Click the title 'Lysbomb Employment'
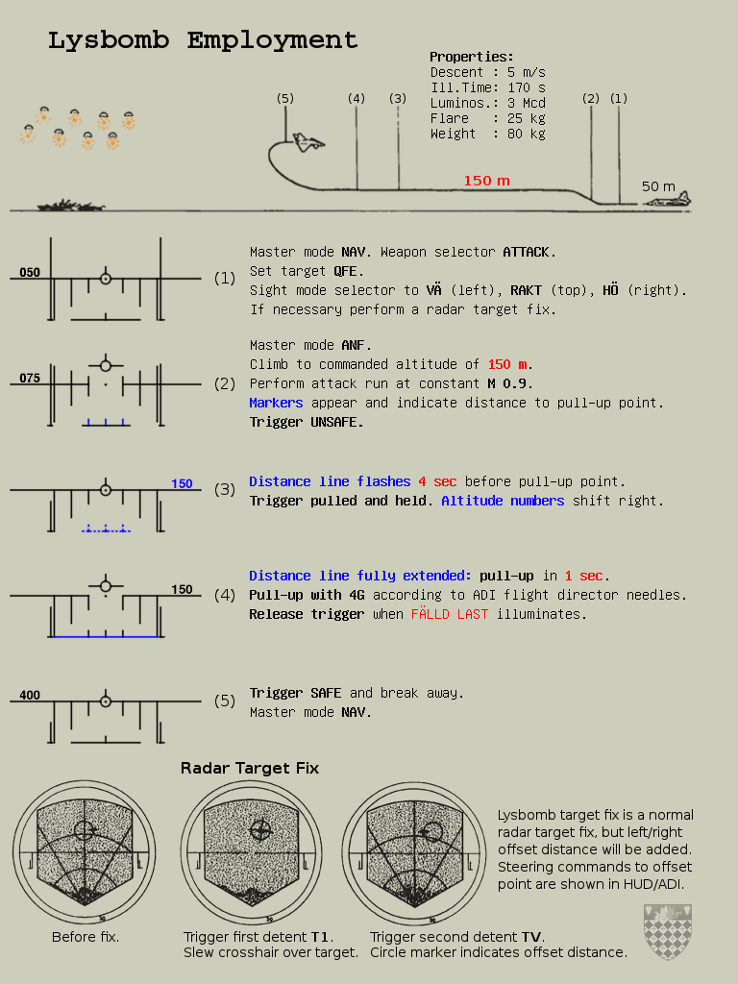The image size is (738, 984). (x=203, y=40)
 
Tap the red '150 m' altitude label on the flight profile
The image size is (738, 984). (x=486, y=181)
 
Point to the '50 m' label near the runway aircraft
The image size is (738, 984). (x=658, y=186)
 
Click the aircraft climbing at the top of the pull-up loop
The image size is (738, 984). (x=308, y=142)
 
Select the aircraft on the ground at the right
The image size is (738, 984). (x=668, y=200)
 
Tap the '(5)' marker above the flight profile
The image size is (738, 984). (x=284, y=99)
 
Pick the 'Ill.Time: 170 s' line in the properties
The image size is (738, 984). (x=487, y=87)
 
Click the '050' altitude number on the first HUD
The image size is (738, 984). (x=30, y=272)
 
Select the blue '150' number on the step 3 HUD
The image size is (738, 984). (x=182, y=484)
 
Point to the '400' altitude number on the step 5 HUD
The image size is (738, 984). (x=30, y=696)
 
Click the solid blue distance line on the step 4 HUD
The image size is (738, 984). (x=106, y=637)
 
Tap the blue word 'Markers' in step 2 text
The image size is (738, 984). (x=276, y=403)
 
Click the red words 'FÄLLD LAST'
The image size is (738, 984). (x=450, y=614)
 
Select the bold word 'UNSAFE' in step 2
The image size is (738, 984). (x=337, y=423)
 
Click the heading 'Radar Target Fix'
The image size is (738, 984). (x=250, y=768)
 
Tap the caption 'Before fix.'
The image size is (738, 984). (x=86, y=937)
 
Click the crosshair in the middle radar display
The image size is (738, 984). (x=260, y=830)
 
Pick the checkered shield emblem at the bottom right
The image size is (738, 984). (x=668, y=932)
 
